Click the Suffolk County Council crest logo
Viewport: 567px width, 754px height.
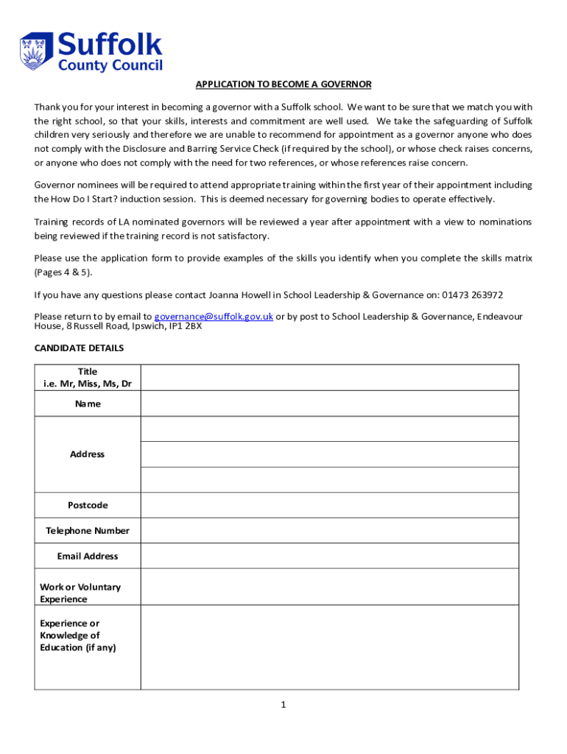tap(36, 51)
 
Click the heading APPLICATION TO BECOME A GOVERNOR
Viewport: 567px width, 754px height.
tap(283, 85)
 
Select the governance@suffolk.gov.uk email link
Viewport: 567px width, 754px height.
tap(214, 317)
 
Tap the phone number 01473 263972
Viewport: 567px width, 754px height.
tap(472, 295)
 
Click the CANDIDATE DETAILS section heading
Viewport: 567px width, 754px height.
tap(79, 348)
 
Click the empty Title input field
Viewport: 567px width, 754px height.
tap(329, 377)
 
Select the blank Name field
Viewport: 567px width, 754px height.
tap(329, 404)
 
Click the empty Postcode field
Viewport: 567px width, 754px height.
tap(329, 505)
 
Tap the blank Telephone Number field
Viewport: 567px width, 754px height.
tap(329, 530)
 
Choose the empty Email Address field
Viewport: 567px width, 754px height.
tap(329, 556)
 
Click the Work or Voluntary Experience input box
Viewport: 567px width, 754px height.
tap(329, 587)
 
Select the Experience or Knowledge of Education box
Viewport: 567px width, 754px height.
tap(329, 647)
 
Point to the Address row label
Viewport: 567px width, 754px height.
tap(88, 454)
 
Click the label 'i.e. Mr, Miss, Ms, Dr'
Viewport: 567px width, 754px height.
tap(88, 384)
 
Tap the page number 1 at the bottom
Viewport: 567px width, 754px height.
tap(283, 705)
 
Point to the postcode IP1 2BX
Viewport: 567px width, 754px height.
tap(184, 326)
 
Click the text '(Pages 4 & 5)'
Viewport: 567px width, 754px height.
tap(64, 272)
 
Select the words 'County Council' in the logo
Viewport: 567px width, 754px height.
tap(110, 66)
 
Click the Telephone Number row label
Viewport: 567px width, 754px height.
tap(88, 531)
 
